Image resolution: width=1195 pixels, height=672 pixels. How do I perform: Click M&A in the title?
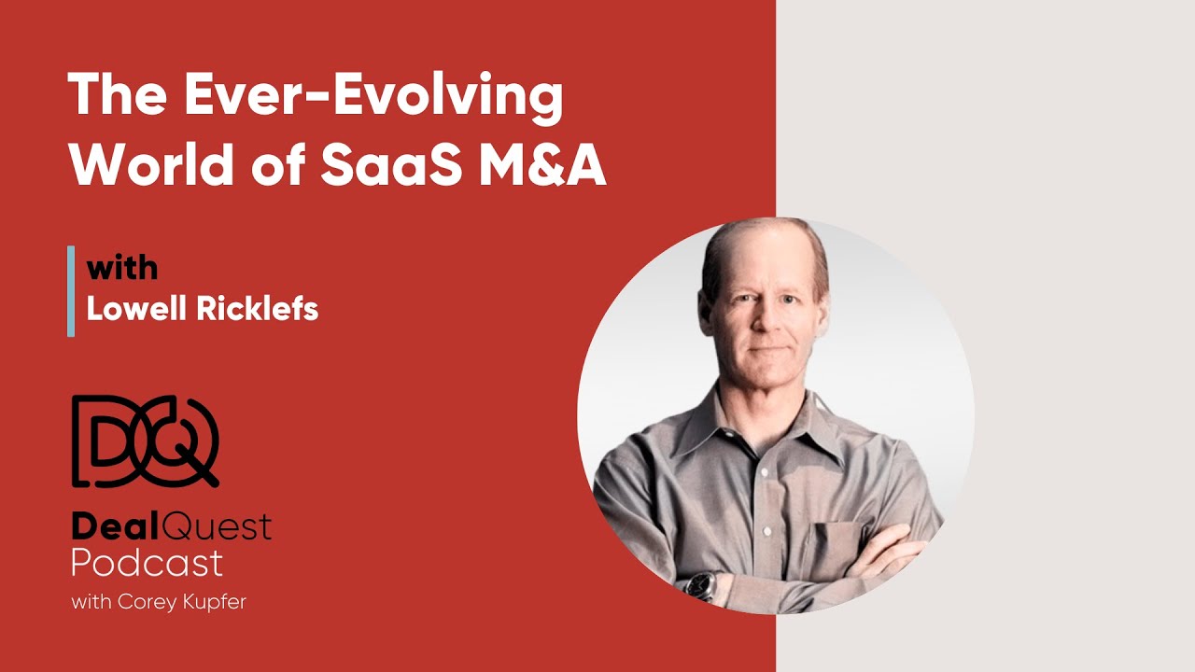click(555, 166)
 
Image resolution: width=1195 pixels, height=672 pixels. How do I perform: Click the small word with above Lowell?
click(122, 269)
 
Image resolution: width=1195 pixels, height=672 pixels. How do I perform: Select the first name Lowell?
click(139, 310)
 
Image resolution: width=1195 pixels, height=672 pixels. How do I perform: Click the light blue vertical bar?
click(71, 290)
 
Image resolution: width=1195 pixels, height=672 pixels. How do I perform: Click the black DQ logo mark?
click(145, 441)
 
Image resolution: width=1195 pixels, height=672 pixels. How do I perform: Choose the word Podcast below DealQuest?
click(148, 563)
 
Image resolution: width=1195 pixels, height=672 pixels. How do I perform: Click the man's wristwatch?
click(700, 585)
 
